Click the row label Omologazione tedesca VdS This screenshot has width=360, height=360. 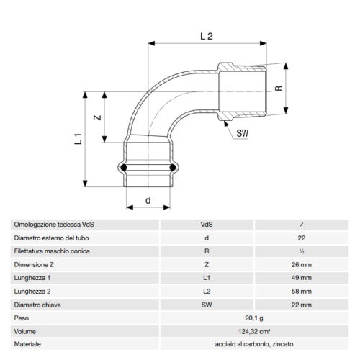[x=54, y=225]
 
